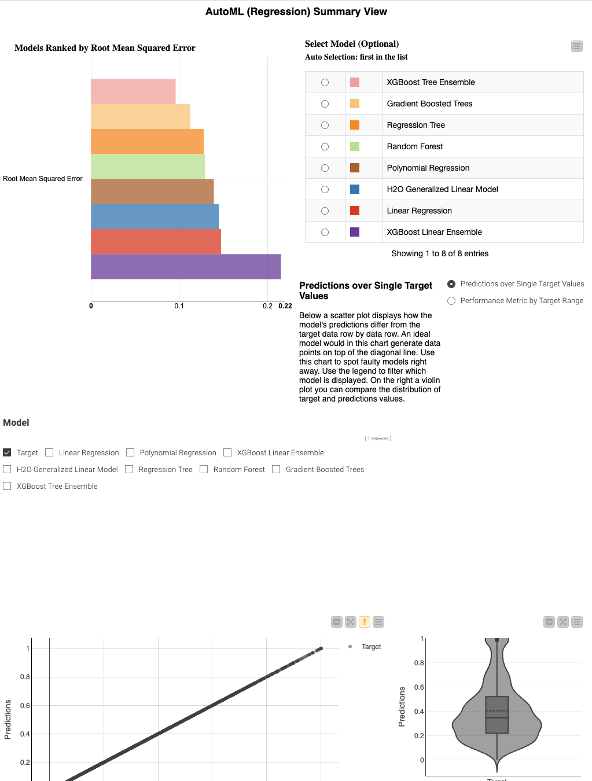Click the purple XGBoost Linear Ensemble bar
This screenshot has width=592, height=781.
point(185,267)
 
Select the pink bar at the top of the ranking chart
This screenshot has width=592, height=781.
point(133,91)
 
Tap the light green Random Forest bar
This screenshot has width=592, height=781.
point(148,166)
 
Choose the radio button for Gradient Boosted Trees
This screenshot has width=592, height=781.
point(325,104)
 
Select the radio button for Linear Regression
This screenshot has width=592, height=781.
point(325,211)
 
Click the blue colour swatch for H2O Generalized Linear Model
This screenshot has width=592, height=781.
point(355,189)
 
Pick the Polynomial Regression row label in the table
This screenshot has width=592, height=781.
point(428,168)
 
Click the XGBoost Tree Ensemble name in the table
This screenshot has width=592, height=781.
point(431,82)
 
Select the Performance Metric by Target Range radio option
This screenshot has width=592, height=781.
point(451,301)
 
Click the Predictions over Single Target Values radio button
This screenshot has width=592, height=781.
point(451,284)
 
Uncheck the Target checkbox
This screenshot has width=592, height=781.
point(7,452)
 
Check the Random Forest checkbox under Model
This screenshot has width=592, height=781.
point(204,469)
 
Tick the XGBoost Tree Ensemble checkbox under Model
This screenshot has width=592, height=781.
point(7,486)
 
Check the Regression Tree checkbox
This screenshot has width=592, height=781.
point(129,469)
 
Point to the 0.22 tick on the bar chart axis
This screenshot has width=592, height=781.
point(285,306)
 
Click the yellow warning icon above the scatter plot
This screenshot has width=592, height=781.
point(365,622)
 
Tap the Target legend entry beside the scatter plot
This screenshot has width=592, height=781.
point(371,647)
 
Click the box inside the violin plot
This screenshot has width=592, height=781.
point(497,715)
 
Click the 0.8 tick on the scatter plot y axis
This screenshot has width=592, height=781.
point(25,677)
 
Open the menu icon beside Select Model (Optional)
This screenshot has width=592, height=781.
point(577,46)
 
